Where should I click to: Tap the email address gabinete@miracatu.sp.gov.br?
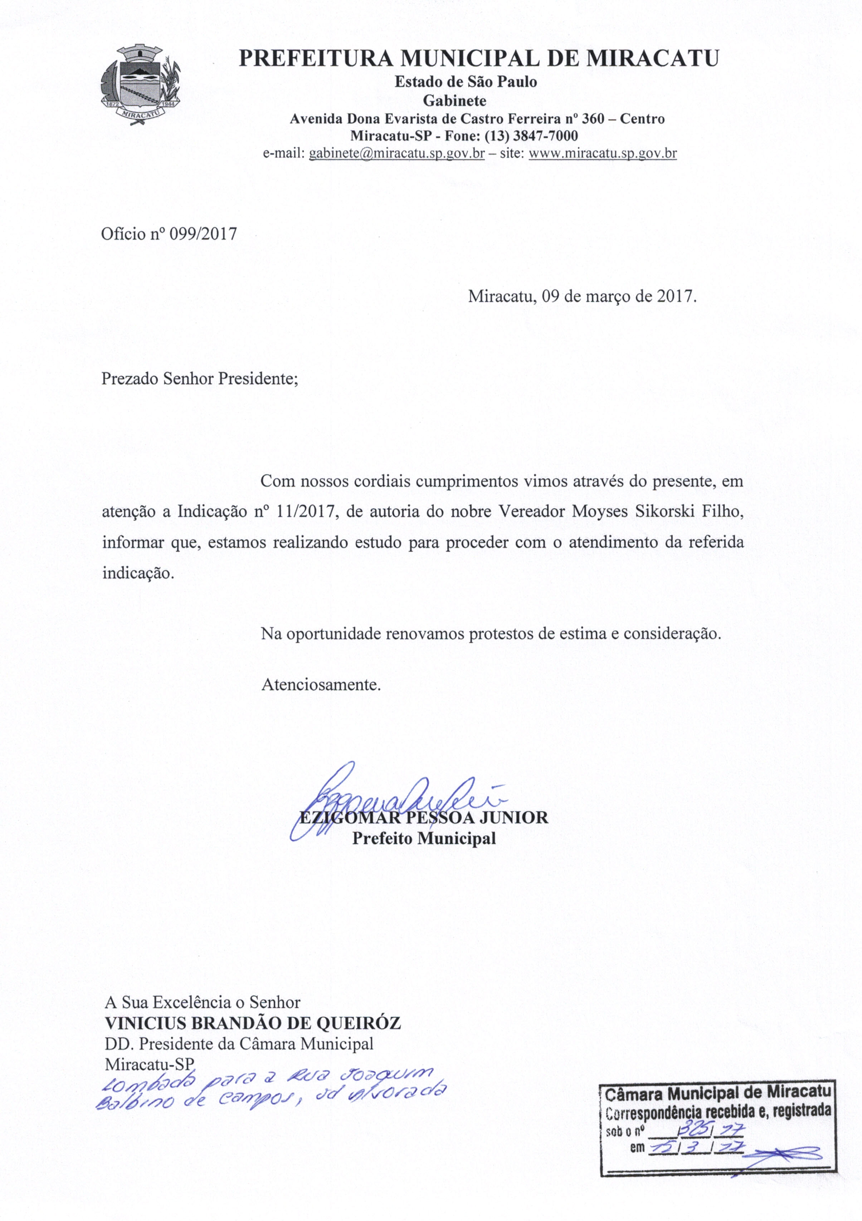[396, 154]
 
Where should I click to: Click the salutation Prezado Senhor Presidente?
[199, 379]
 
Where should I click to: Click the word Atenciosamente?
[321, 685]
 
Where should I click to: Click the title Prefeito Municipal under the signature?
[424, 839]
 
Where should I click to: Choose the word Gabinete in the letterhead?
[454, 100]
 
